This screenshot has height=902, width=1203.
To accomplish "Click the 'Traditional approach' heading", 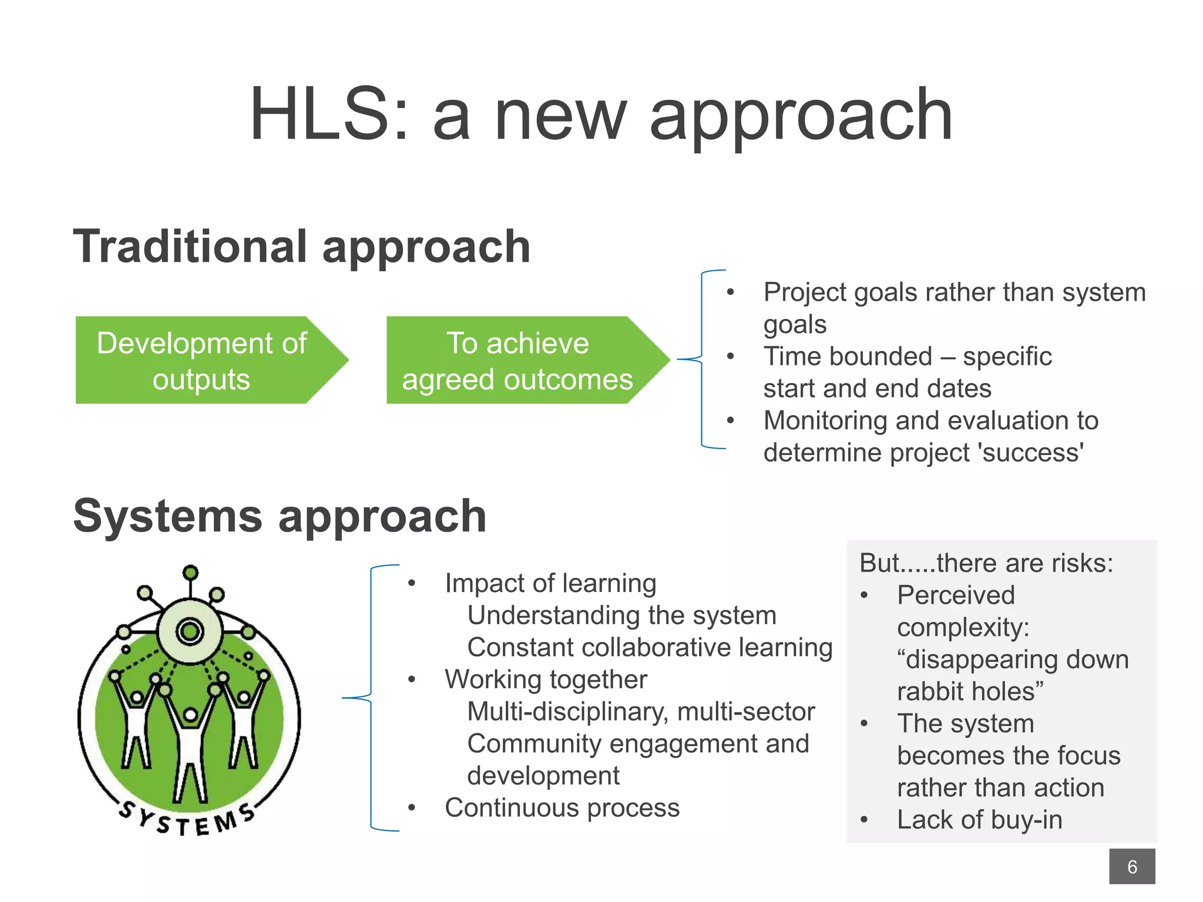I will pos(302,247).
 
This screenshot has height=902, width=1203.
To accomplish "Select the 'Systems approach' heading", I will pos(280,516).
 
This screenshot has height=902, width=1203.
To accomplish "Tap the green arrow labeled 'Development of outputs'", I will pos(201,360).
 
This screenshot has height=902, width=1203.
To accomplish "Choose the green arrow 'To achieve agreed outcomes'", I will pos(517,360).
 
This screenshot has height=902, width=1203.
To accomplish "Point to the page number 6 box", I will pos(1131,866).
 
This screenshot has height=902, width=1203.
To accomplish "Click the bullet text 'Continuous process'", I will pos(562,807).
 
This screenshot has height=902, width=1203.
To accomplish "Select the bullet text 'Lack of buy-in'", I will pos(979,820).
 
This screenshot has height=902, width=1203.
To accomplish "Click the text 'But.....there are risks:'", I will pos(986,563).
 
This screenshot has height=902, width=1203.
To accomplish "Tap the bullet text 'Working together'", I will pos(546,679).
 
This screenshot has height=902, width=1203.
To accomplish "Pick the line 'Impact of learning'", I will pos(550,583).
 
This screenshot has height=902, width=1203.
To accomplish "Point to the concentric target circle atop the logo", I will pos(190,632).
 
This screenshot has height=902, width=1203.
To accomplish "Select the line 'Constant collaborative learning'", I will pos(650,647).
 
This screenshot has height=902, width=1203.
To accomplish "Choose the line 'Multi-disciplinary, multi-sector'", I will pos(641,712).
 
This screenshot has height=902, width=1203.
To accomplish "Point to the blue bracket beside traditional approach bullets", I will pos(702,359).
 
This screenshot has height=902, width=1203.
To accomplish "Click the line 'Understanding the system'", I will pos(621,615).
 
